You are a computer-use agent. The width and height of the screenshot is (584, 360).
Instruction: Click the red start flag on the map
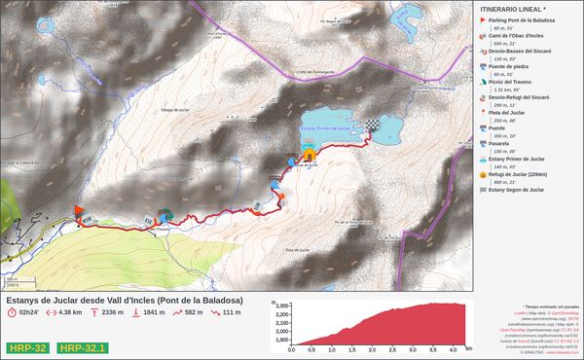point(78,209)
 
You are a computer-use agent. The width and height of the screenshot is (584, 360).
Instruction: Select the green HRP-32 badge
point(26,346)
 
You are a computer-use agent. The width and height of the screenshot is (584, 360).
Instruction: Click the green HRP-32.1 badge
point(83,346)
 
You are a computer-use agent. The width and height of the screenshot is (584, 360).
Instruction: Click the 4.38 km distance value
point(69,312)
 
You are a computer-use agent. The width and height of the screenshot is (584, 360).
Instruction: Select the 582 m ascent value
point(193,312)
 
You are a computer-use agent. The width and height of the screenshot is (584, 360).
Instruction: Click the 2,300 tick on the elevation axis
point(284,306)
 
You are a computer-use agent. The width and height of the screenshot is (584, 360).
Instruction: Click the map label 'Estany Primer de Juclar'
point(324,127)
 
